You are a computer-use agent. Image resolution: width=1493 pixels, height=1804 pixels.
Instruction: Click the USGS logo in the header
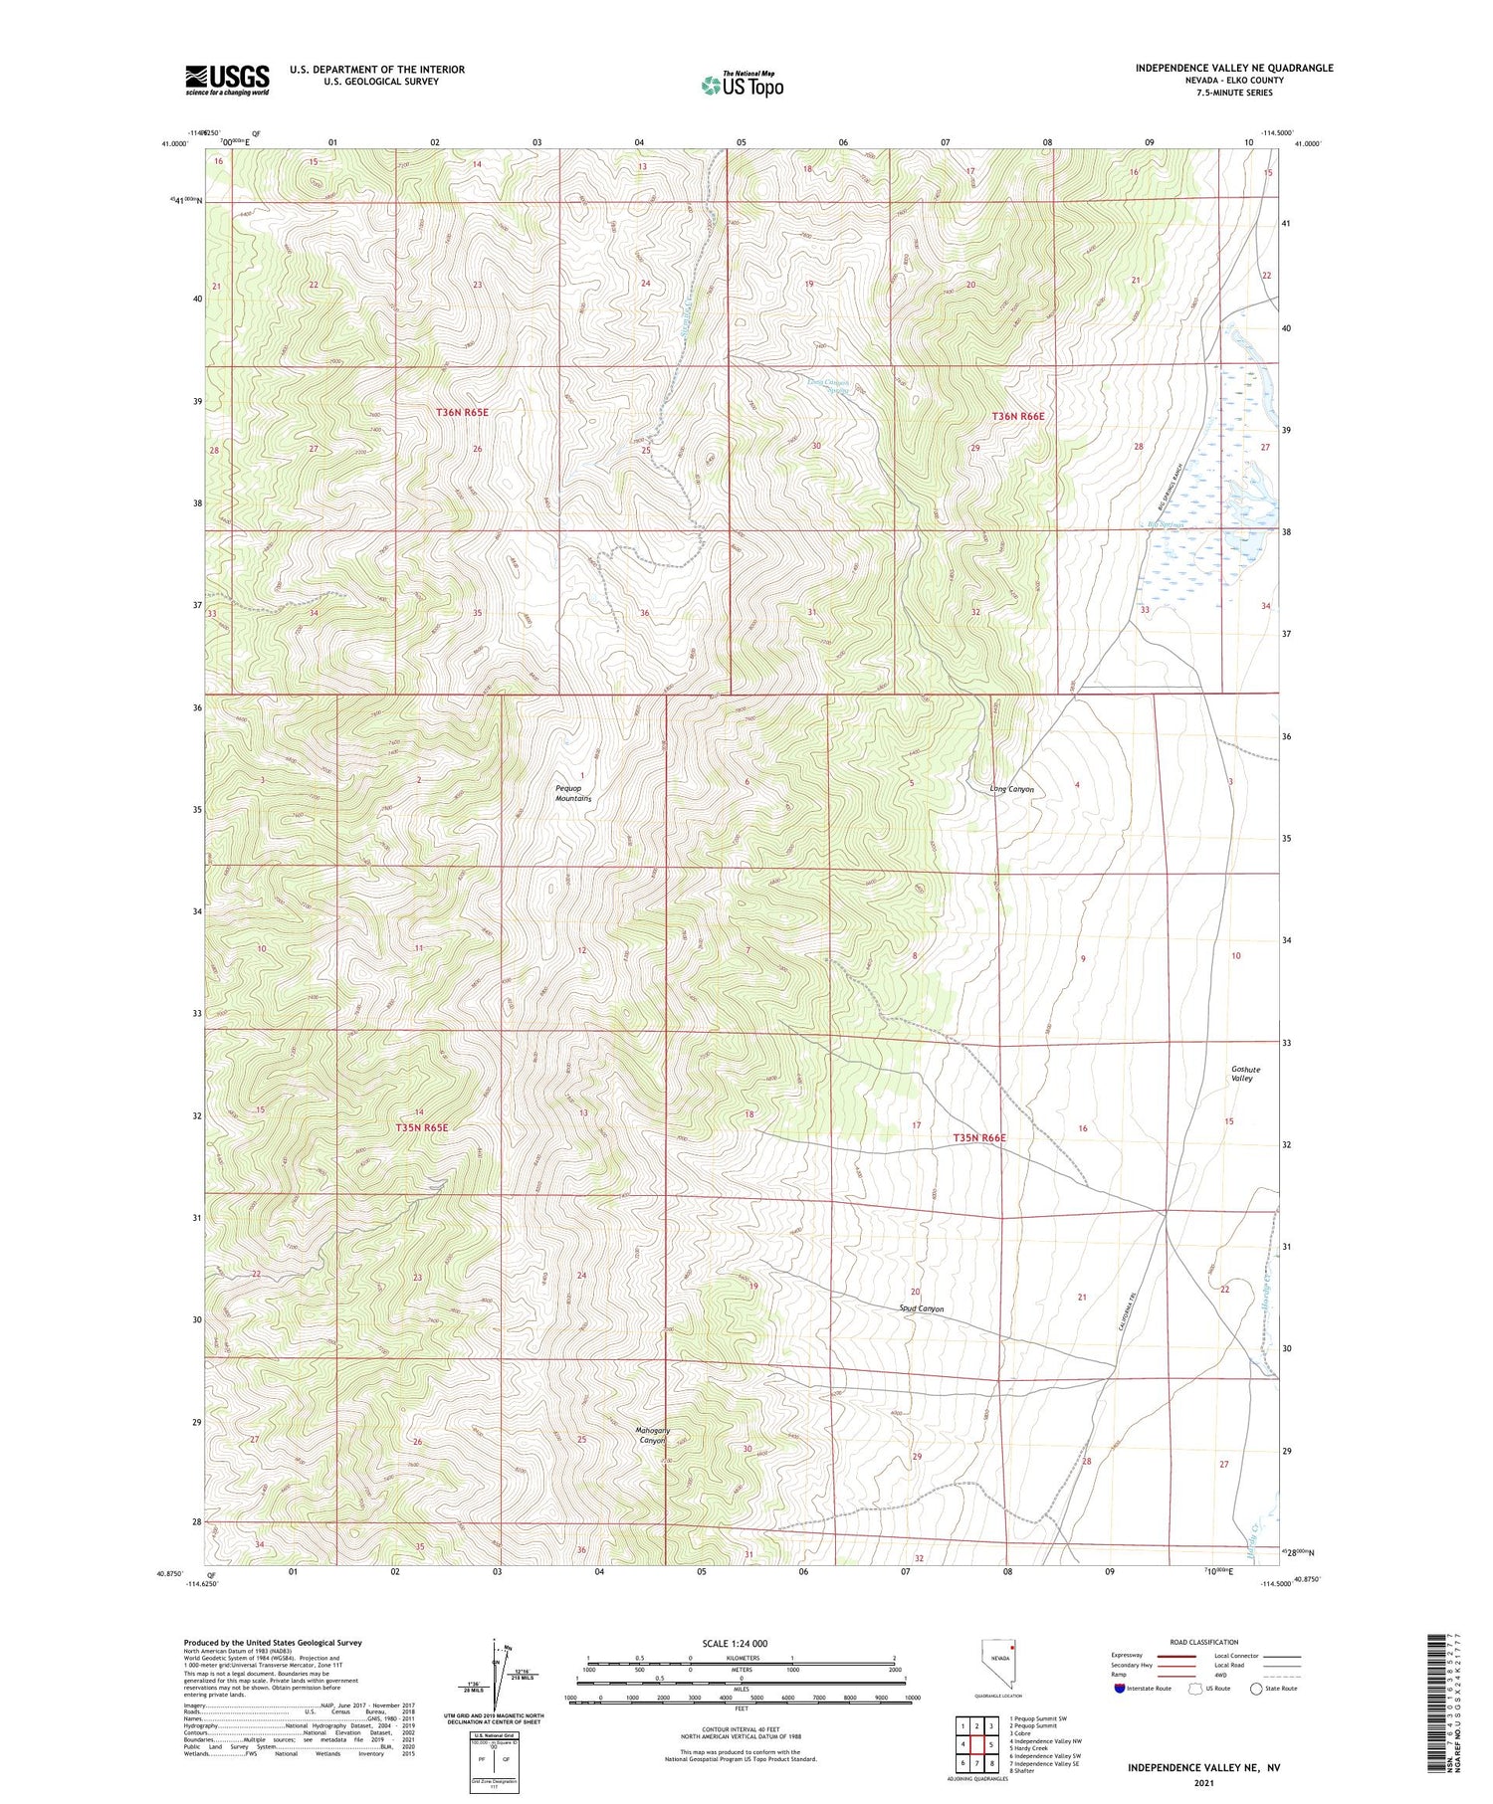(227, 80)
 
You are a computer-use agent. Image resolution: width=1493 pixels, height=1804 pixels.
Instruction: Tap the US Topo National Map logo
(742, 85)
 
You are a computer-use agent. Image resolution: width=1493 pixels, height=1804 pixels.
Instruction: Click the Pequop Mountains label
(573, 793)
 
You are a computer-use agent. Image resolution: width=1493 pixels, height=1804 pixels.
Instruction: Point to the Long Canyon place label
(1011, 789)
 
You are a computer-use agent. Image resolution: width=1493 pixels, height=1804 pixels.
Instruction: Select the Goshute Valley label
(1241, 1074)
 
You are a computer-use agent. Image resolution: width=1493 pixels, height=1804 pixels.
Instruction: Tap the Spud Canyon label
(921, 1308)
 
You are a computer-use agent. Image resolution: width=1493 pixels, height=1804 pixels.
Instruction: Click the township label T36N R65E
(461, 412)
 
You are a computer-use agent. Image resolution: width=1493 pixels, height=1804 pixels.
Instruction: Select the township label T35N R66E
(979, 1137)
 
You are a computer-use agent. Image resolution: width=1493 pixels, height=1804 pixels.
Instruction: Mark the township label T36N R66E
(1017, 416)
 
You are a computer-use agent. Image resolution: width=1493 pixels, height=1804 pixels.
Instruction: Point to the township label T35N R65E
(422, 1127)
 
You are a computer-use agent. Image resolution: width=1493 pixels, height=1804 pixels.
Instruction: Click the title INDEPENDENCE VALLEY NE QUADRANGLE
(1233, 68)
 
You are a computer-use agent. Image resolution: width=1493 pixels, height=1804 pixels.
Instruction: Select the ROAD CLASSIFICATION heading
(1204, 1642)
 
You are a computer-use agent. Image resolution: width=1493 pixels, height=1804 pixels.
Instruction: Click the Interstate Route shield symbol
(1121, 1688)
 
